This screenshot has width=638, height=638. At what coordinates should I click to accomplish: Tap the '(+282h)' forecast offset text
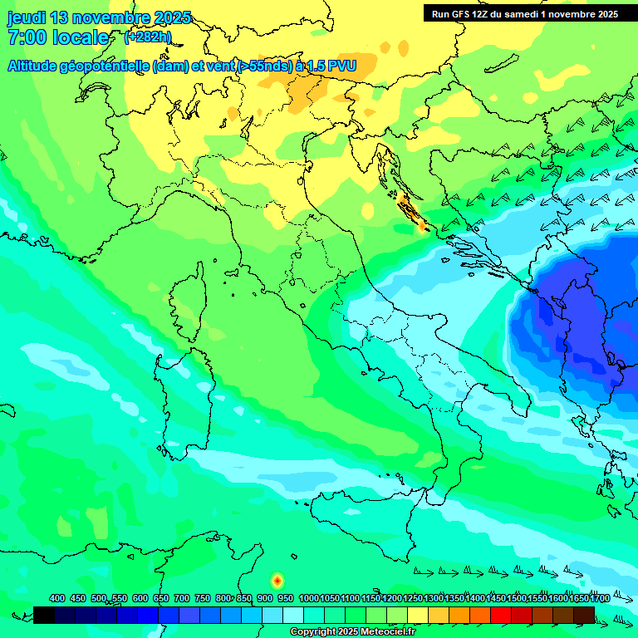pos(148,37)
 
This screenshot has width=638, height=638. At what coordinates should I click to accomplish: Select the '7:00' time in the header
pos(26,38)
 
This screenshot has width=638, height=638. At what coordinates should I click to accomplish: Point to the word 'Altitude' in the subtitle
pos(35,66)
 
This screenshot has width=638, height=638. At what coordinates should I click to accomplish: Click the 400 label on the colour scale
pos(57,598)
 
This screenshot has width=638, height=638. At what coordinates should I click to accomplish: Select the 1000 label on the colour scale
pos(308,598)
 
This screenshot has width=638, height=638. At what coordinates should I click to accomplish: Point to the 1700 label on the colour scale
pos(600,598)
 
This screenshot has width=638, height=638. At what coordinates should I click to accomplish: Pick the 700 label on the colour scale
pos(182,598)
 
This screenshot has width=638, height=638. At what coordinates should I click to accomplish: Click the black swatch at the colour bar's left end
pos(44,615)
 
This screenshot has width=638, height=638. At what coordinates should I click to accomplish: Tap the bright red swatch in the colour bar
pos(501,615)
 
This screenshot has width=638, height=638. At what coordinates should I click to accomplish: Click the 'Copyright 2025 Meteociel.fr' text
pos(352,631)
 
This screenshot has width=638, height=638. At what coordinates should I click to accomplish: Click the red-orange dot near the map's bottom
pos(277,581)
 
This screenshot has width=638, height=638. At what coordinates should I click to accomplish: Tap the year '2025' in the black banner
pos(605,14)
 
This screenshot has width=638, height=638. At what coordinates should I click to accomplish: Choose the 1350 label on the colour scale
pos(454,598)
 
